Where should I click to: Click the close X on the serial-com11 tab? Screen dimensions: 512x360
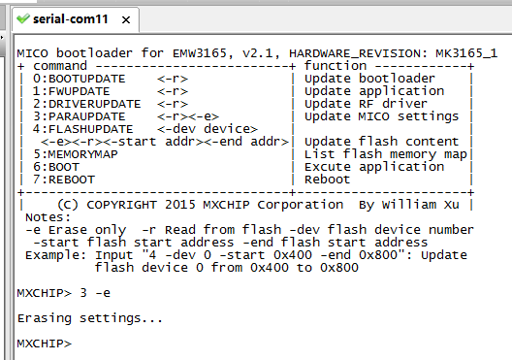(x=126, y=20)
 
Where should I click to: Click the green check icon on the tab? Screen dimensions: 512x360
(x=23, y=18)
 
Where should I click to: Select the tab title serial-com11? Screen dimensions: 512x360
(x=71, y=19)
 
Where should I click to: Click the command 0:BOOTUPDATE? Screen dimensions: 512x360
(x=79, y=79)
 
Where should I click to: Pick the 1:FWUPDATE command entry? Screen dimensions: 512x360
(x=71, y=91)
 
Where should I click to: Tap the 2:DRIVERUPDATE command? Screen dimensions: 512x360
(x=87, y=104)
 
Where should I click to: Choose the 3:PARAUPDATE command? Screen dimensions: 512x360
(x=79, y=116)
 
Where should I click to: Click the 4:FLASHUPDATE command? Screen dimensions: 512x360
(x=83, y=129)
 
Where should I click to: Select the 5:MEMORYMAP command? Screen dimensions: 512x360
(x=76, y=154)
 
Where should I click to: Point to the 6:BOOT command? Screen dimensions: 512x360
(x=56, y=167)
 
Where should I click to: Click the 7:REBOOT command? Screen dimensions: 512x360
(x=64, y=180)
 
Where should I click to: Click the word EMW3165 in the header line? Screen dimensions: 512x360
(x=200, y=53)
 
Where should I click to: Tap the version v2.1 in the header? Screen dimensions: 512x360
(x=258, y=53)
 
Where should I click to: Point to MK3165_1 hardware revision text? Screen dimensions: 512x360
(x=466, y=53)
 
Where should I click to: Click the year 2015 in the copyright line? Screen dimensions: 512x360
(x=180, y=205)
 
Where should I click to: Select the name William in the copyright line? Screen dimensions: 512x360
(x=409, y=205)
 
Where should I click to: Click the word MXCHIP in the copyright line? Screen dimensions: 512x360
(x=226, y=205)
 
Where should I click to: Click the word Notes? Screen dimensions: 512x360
(x=48, y=217)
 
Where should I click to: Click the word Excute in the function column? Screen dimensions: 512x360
(x=328, y=167)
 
